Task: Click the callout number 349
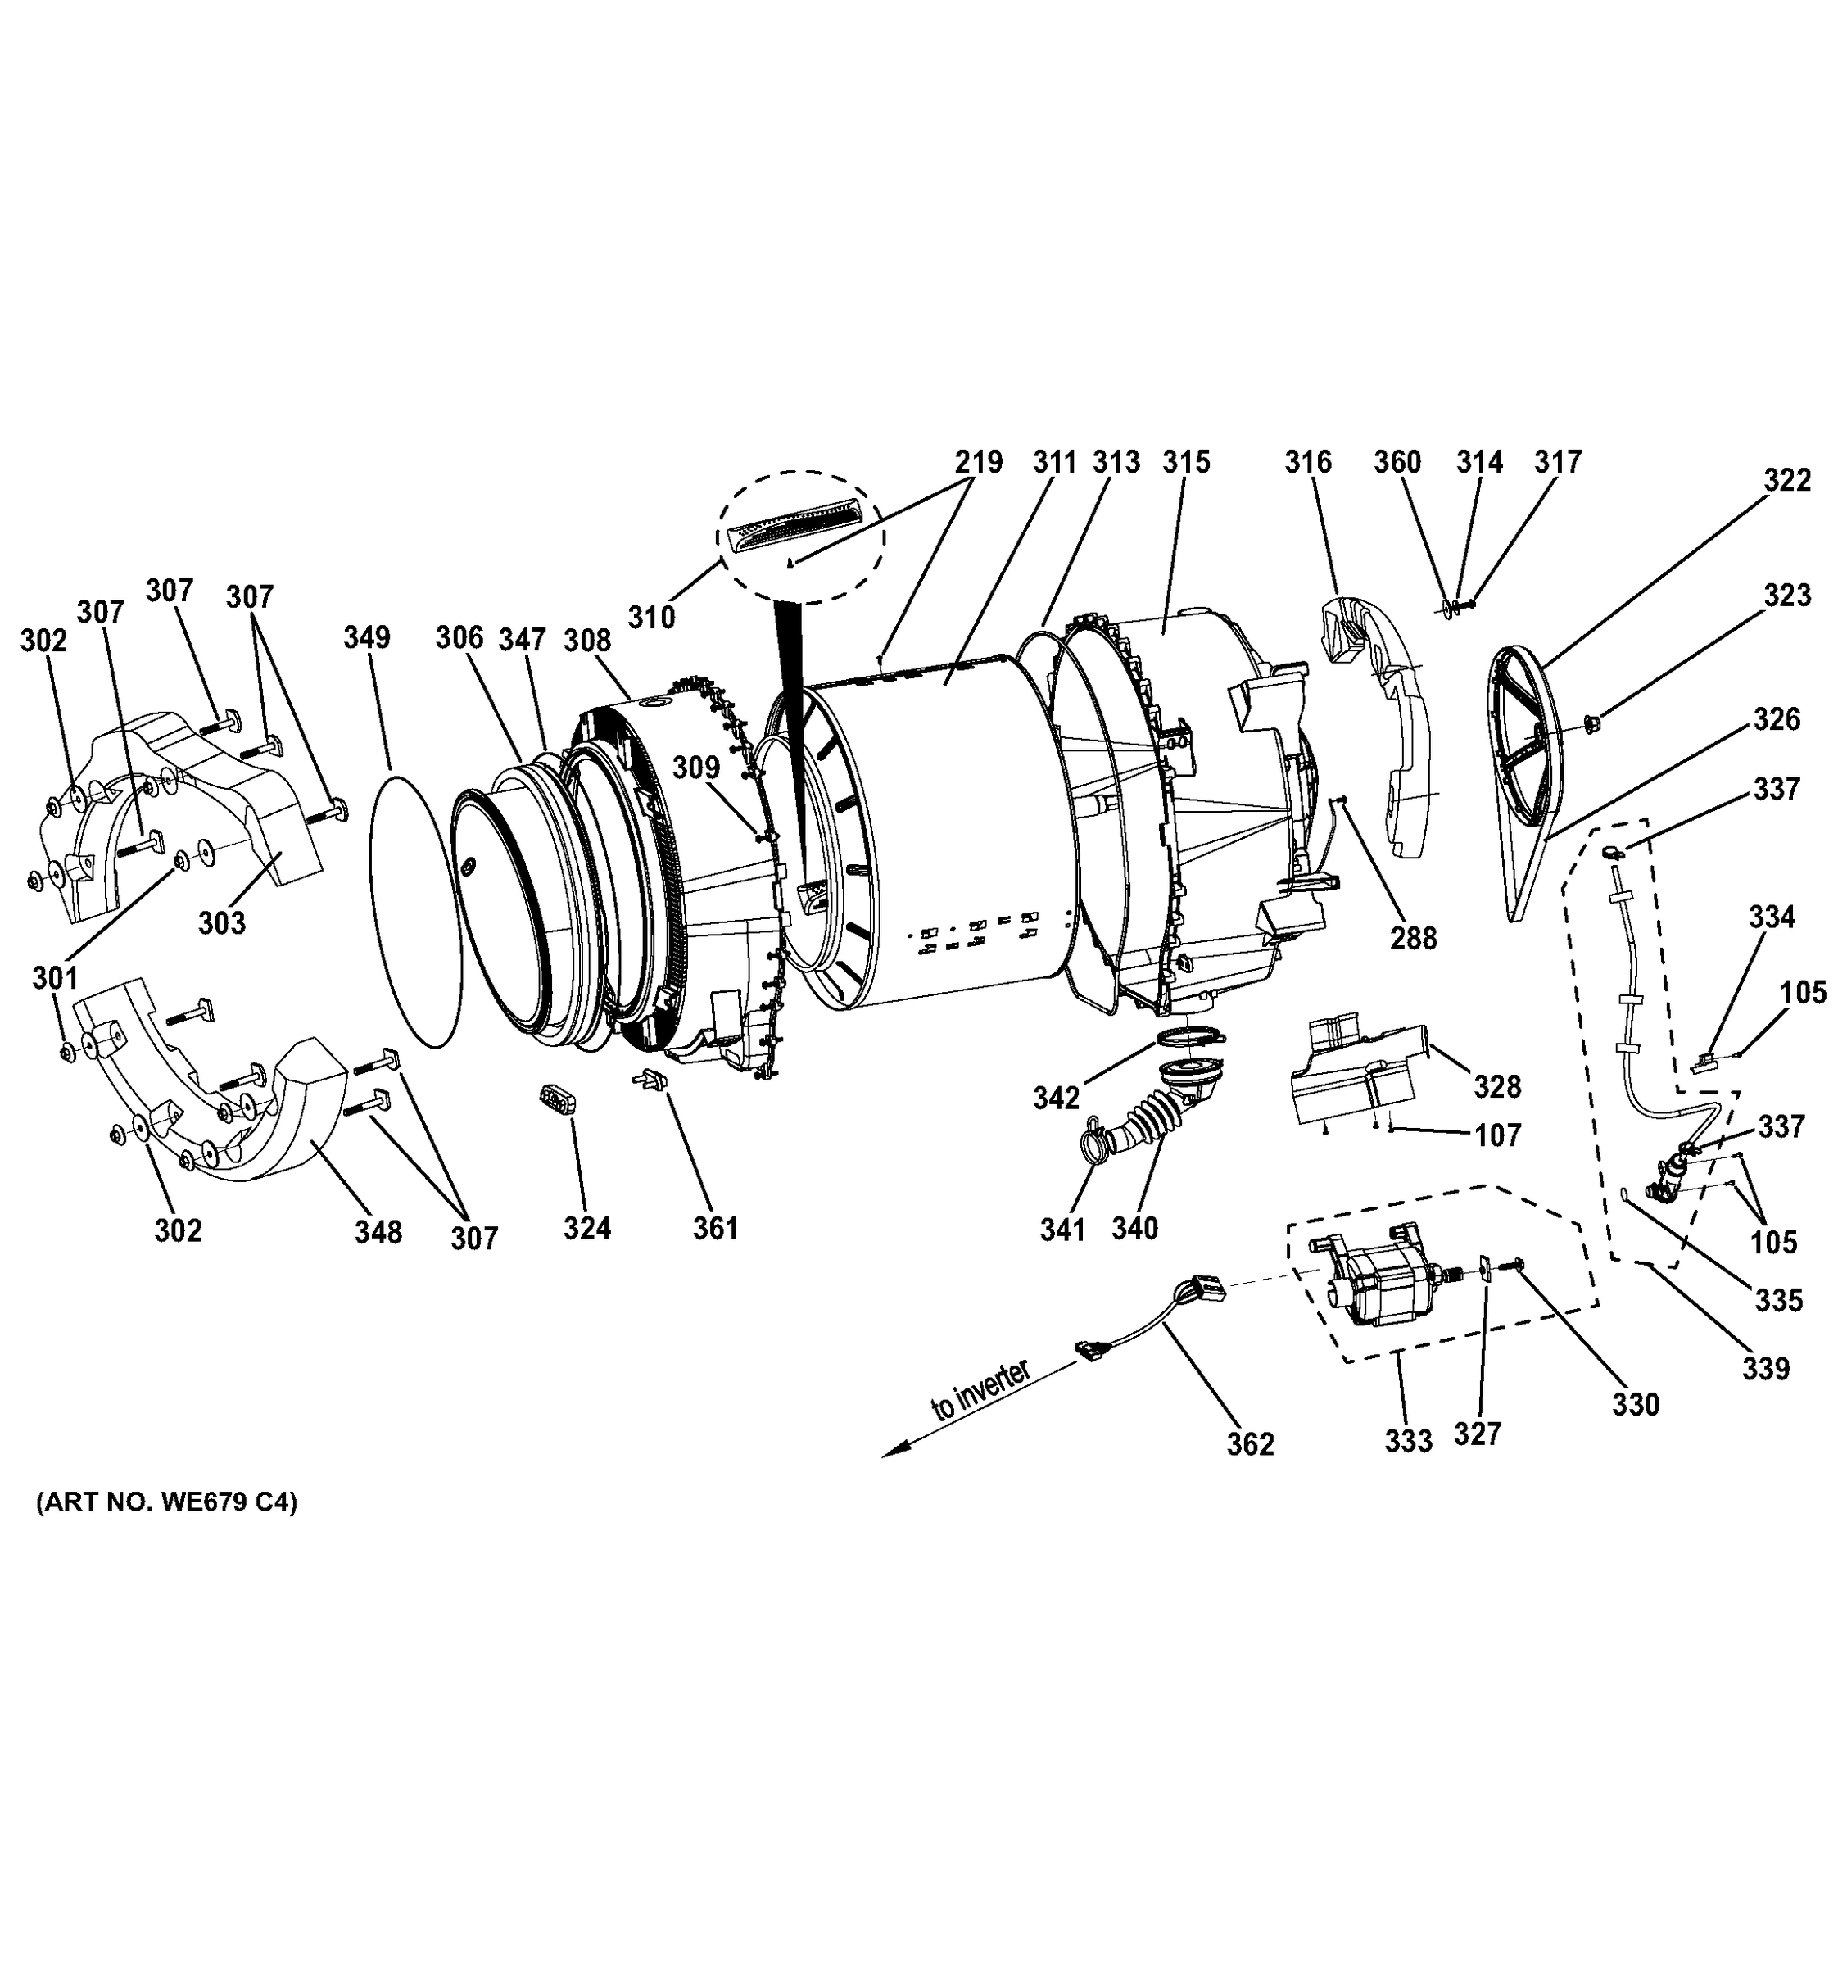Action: (367, 636)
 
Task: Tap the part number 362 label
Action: (1250, 1445)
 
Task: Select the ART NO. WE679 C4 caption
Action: (166, 1502)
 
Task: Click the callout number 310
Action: (652, 617)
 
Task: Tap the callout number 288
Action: (1413, 937)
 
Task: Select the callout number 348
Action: (378, 1231)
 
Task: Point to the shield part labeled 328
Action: (1355, 1078)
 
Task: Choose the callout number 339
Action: (1765, 1369)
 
